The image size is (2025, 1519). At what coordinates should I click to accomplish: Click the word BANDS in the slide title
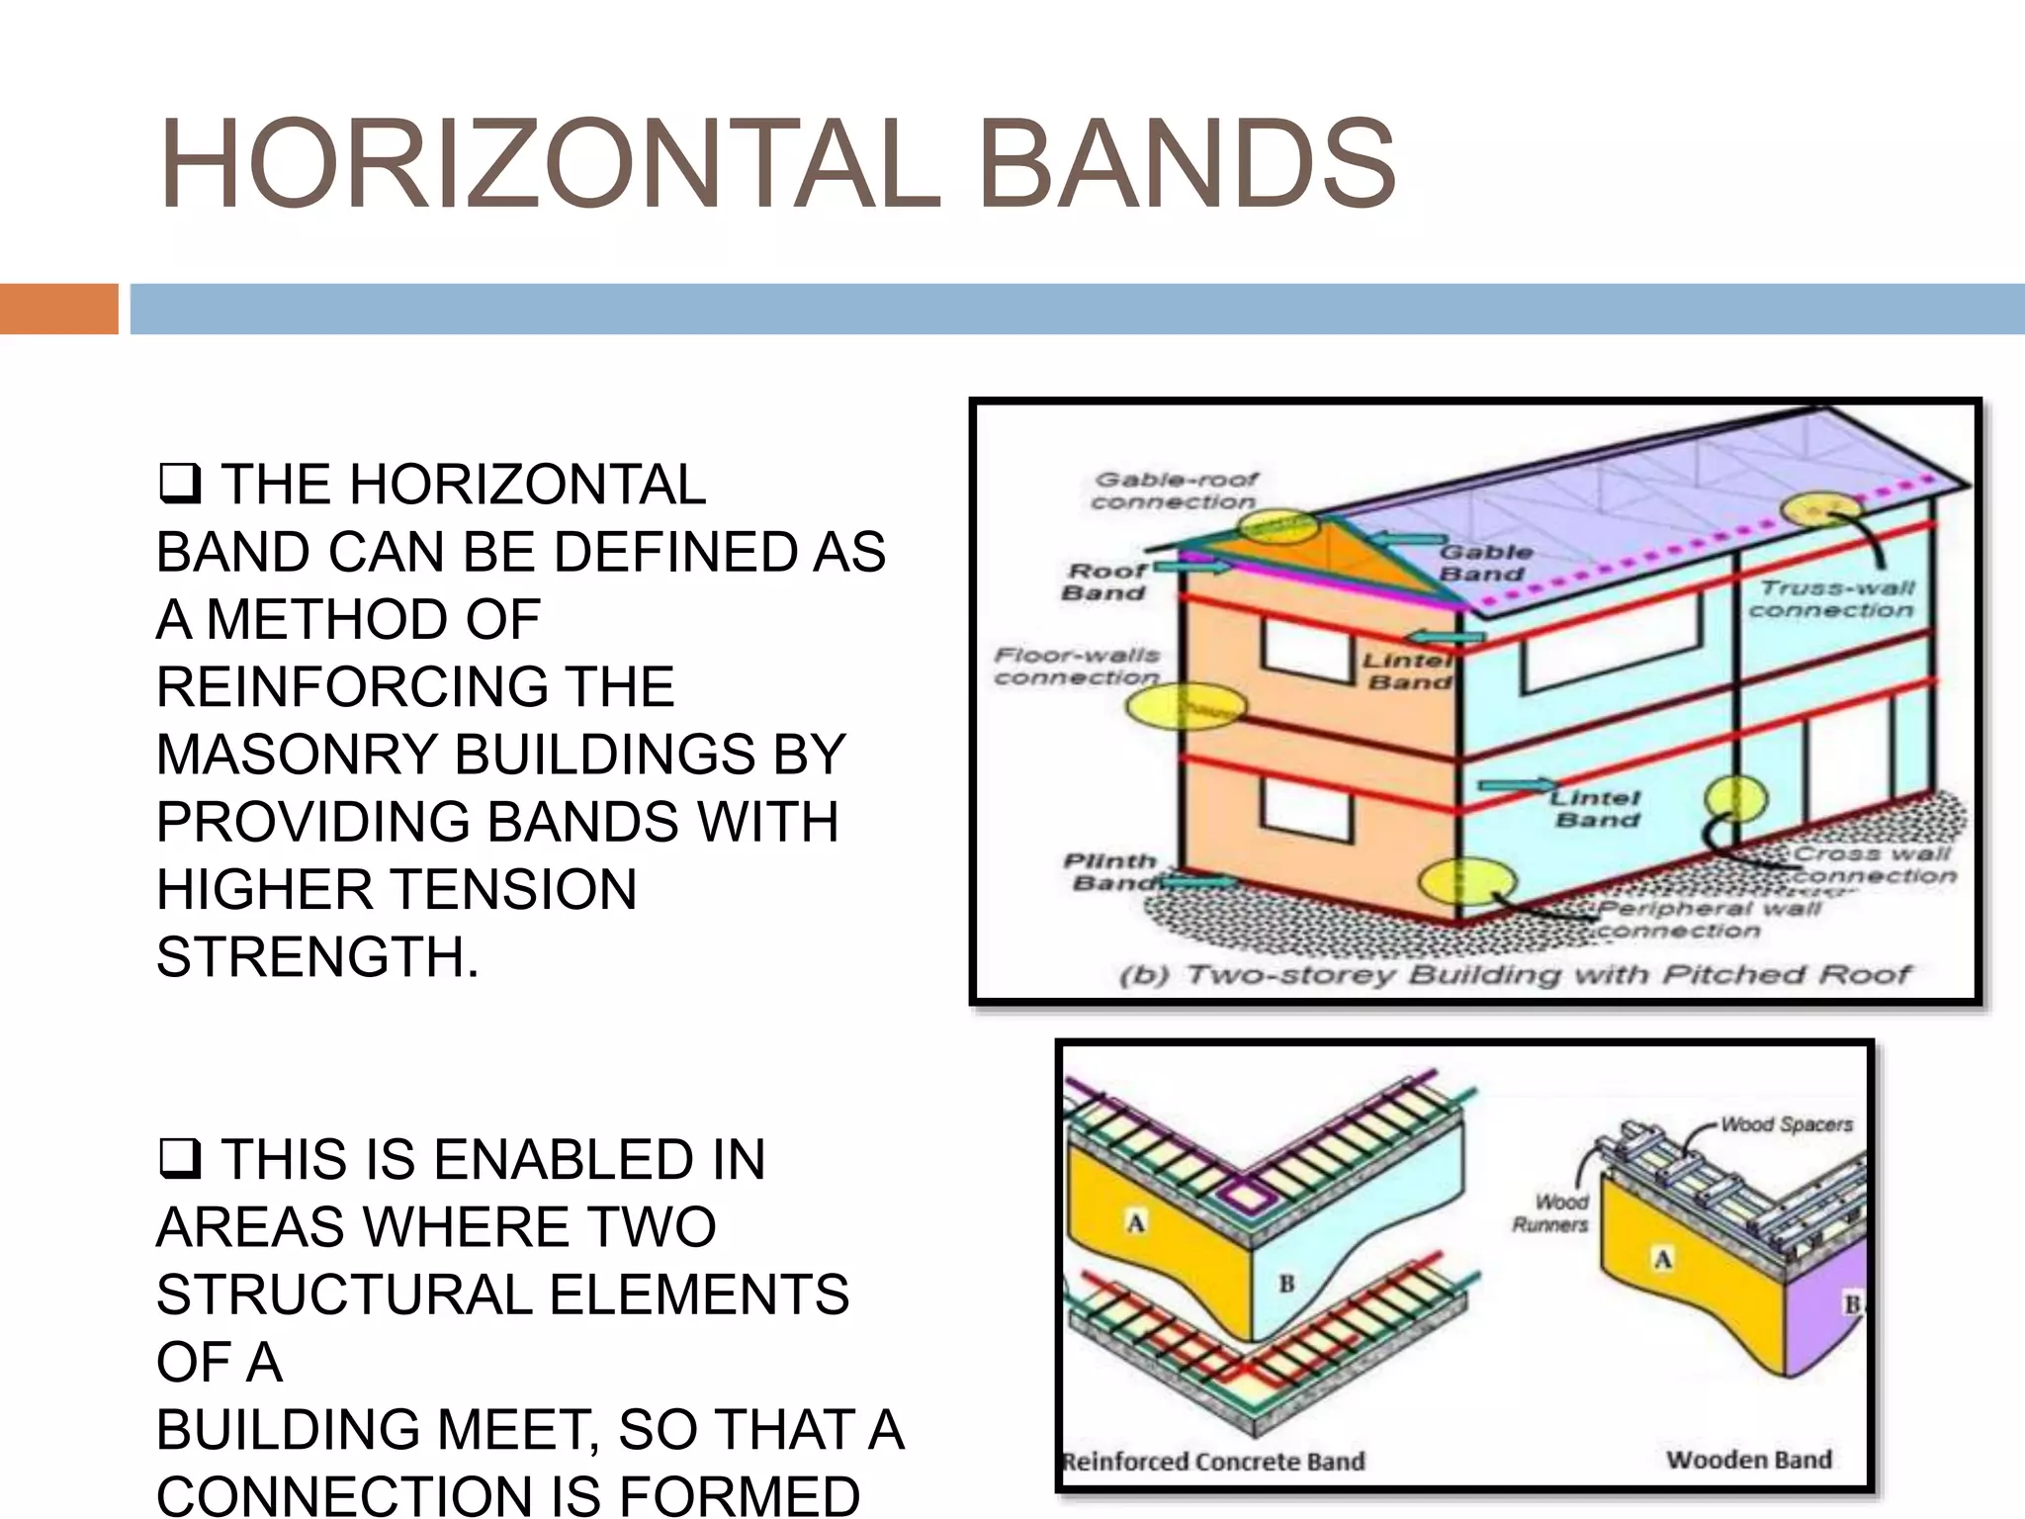(1187, 165)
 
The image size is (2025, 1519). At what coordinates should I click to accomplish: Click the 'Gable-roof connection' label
(1174, 491)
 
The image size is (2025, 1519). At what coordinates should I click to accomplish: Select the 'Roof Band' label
(1105, 581)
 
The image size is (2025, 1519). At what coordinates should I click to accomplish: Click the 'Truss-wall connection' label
(1832, 598)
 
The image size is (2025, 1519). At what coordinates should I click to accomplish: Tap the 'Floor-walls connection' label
(1077, 666)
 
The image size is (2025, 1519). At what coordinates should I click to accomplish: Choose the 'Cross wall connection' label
(1873, 864)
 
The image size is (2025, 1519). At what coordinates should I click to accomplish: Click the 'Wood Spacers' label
(1786, 1124)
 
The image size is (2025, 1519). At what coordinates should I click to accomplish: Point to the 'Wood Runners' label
(1550, 1212)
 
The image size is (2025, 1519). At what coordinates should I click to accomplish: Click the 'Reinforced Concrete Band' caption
(1213, 1461)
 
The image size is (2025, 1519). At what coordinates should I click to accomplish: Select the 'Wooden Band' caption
(1748, 1459)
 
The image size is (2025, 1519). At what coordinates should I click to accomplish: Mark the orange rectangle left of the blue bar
(58, 309)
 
